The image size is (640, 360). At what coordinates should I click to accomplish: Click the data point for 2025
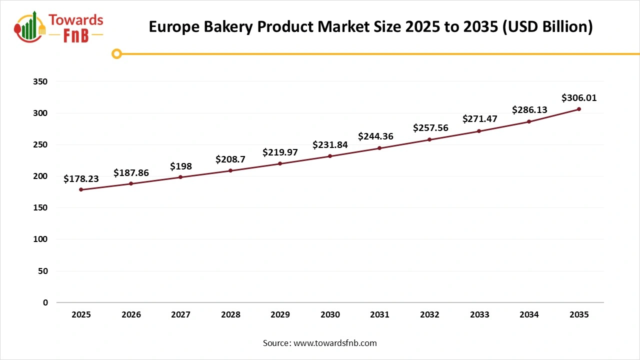[81, 189]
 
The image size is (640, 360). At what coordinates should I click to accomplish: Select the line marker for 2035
[579, 109]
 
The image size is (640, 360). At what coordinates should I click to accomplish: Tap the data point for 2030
[330, 156]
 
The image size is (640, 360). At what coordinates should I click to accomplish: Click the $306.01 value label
[579, 98]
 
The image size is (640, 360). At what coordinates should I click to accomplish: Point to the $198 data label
[180, 166]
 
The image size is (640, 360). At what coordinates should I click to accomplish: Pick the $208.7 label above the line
[230, 159]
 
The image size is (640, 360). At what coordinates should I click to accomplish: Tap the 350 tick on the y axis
[42, 81]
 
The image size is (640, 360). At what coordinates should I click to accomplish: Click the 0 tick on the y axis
[45, 302]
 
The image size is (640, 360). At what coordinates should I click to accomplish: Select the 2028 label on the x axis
[230, 315]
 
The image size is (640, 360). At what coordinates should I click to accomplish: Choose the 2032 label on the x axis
[429, 315]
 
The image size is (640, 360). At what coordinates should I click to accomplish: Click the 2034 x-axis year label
[529, 315]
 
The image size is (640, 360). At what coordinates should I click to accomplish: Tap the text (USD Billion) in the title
[547, 27]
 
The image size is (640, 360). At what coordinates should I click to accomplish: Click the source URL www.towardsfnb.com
[334, 343]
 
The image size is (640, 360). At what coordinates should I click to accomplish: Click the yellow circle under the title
[116, 53]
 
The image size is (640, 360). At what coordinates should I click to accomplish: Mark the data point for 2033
[479, 131]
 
